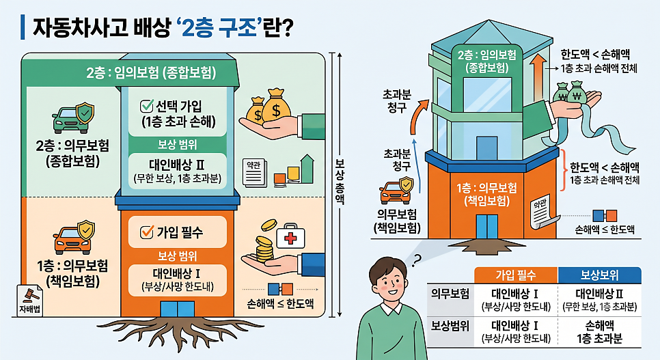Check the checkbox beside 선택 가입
pos(146,106)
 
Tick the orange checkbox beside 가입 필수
pos(146,232)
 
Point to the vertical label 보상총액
pos(340,182)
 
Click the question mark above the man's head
pos(416,261)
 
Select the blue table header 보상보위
pos(599,275)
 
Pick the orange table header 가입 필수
pos(516,275)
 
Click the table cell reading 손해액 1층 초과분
pos(599,332)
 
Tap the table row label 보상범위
pos(450,327)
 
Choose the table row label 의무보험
pos(450,294)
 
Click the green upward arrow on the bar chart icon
pos(307,169)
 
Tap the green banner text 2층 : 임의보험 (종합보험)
pos(151,73)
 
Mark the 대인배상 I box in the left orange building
pos(177,280)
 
